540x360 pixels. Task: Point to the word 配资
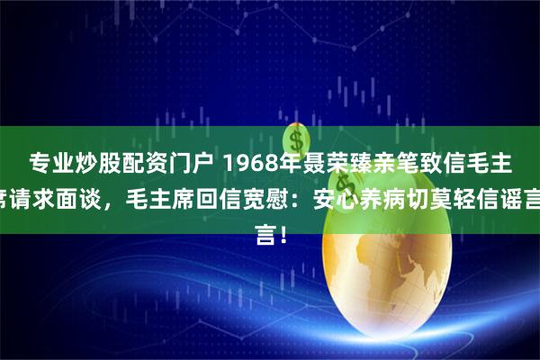141,163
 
